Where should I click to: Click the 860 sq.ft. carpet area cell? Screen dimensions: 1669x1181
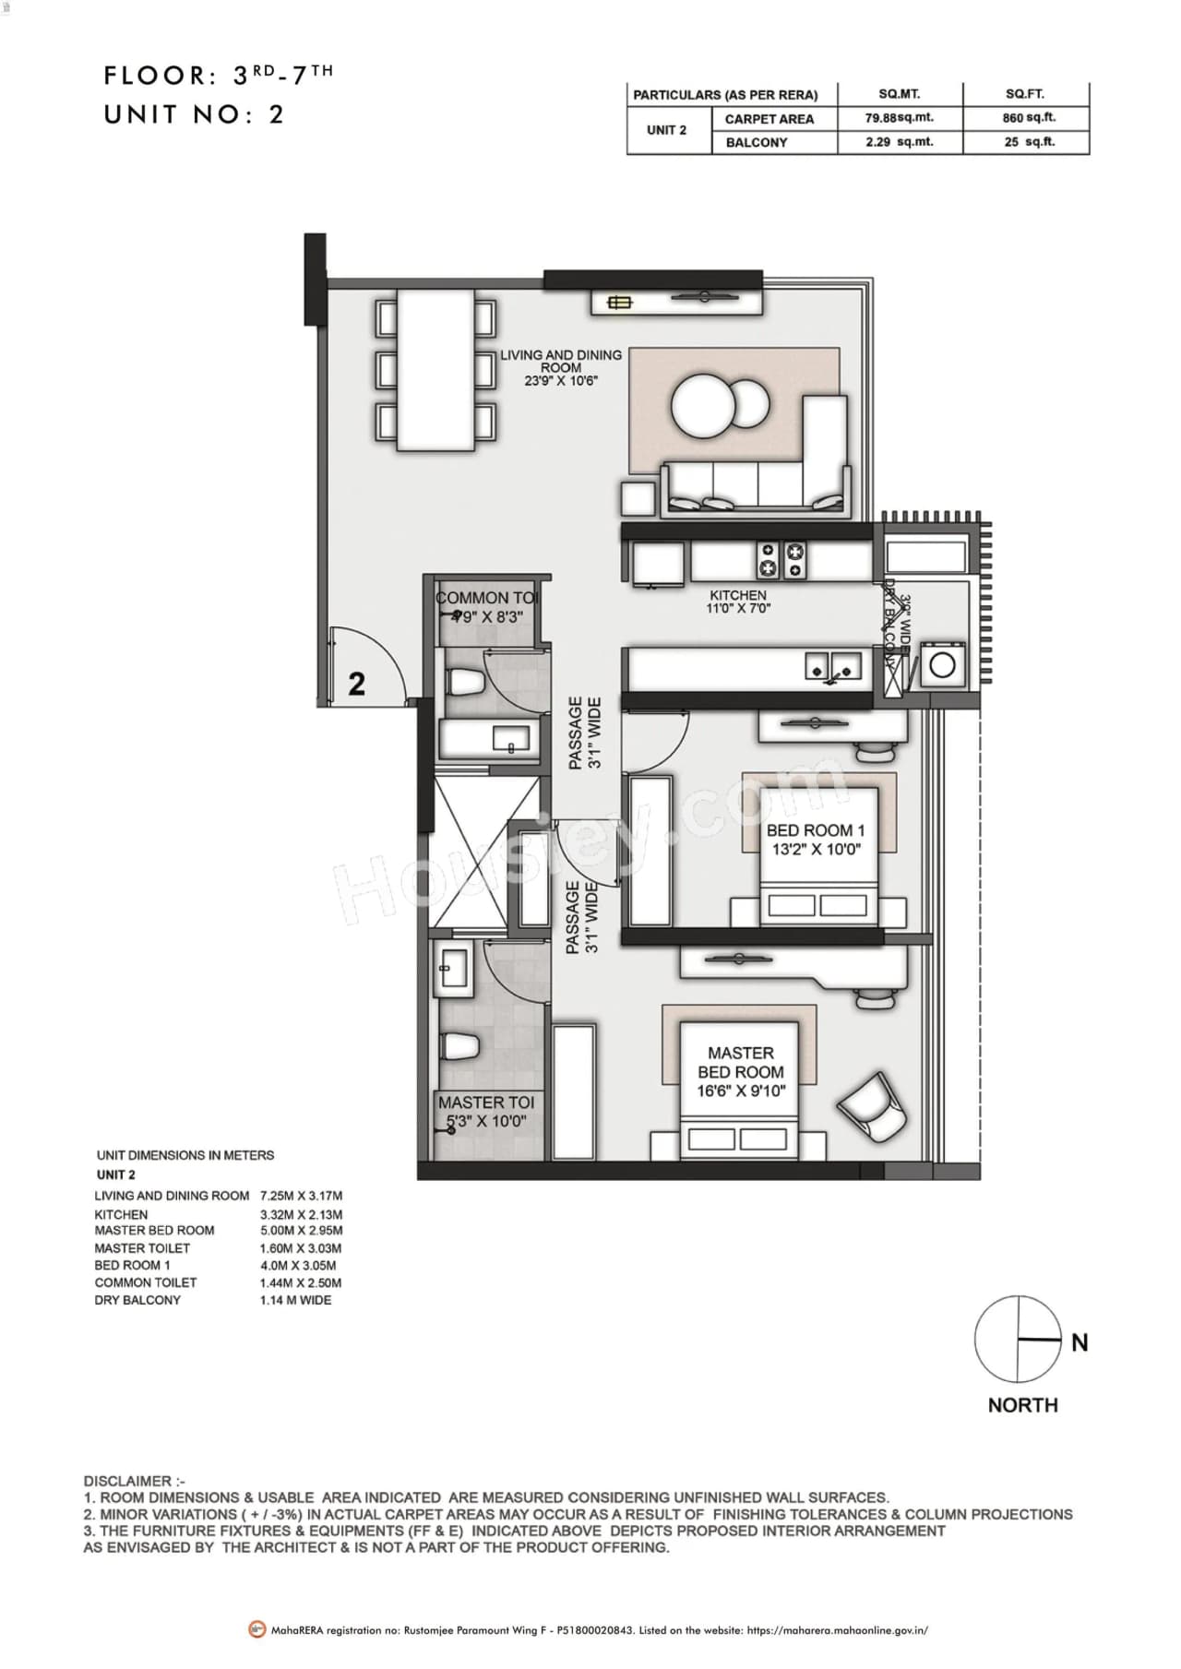pos(1028,118)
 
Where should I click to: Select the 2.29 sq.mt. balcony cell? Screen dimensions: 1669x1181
pos(900,142)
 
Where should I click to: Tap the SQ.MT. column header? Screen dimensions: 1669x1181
pos(900,94)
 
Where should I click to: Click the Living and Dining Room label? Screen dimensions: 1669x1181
pos(561,366)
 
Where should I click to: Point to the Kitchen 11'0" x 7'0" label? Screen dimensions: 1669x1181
pos(738,602)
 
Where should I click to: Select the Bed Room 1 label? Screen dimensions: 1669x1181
pos(816,840)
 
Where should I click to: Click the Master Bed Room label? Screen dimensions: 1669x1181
pos(741,1071)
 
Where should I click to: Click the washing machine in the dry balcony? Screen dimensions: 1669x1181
pos(942,665)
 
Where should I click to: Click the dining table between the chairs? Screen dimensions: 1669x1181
pos(435,370)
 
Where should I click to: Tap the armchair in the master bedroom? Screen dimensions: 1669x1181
pos(873,1107)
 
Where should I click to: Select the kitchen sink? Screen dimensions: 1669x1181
pos(834,667)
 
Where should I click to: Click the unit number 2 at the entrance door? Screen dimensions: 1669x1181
pos(357,684)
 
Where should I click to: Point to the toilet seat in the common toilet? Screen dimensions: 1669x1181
pos(464,683)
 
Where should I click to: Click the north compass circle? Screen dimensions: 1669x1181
pos(1018,1339)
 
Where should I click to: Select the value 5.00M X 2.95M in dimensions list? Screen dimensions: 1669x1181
pos(301,1231)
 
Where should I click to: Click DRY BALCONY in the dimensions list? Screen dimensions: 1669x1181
pos(137,1300)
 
